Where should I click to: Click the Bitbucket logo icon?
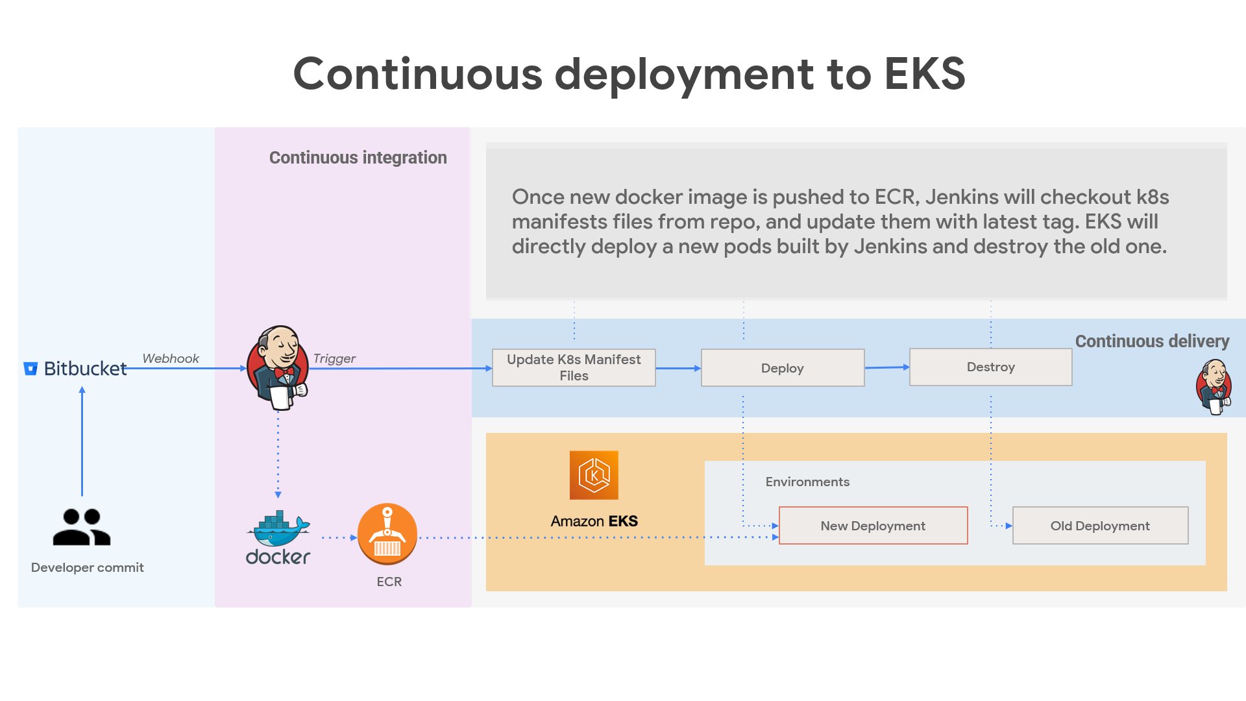[31, 369]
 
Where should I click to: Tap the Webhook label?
[171, 358]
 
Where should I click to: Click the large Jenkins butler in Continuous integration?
[278, 367]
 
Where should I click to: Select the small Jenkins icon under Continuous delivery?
[1214, 387]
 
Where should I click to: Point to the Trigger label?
[334, 358]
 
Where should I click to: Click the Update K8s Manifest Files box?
[574, 367]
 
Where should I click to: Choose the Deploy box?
[783, 368]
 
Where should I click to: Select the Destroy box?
[990, 367]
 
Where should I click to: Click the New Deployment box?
[873, 526]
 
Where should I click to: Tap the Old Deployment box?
[1100, 526]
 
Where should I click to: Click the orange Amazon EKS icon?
[594, 475]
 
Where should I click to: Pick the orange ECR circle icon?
[387, 534]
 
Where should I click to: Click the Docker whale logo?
[278, 530]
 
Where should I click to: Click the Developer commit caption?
[88, 567]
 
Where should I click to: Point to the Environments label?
[807, 482]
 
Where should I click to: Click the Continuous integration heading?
[358, 158]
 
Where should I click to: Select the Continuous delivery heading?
[1152, 341]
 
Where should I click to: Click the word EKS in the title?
[925, 73]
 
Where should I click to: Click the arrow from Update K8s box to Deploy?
[678, 368]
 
